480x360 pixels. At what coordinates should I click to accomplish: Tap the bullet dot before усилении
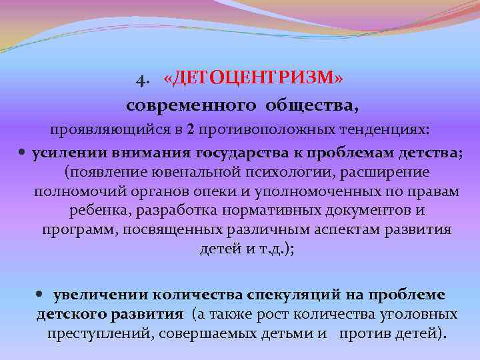click(22, 153)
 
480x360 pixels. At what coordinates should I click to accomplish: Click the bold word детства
click(428, 152)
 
